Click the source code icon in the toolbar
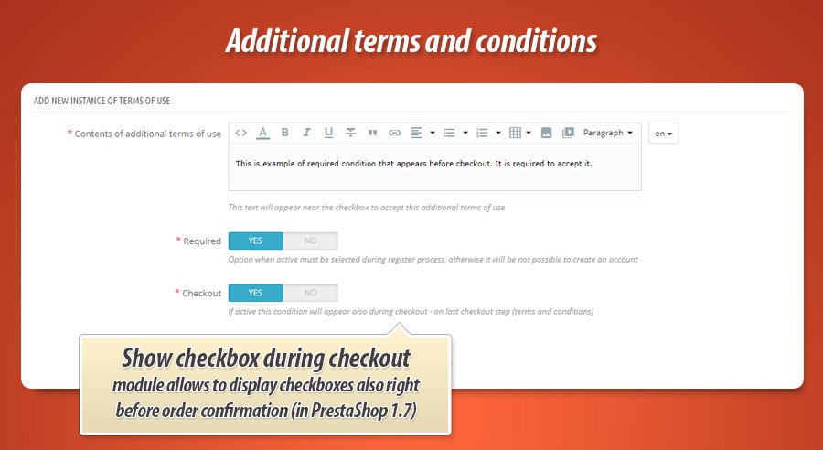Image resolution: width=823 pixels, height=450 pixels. pyautogui.click(x=241, y=133)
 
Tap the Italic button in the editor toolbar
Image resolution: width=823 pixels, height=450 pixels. pyautogui.click(x=306, y=133)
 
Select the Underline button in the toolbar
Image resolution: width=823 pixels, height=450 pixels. pyautogui.click(x=328, y=133)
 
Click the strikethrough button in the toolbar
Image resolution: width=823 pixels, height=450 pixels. pyautogui.click(x=350, y=133)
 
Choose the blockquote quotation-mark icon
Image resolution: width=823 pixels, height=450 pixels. pyautogui.click(x=372, y=133)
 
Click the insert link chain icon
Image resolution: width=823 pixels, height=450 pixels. pyautogui.click(x=394, y=133)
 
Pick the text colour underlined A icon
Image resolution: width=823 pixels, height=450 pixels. pyautogui.click(x=262, y=133)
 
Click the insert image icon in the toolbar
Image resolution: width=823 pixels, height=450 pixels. pyautogui.click(x=546, y=133)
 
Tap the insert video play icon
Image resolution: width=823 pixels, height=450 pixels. pyautogui.click(x=568, y=133)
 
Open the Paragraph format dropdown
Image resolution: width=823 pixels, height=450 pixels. pyautogui.click(x=608, y=133)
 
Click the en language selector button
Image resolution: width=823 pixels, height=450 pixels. pyautogui.click(x=663, y=134)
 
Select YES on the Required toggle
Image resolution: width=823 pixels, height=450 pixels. pyautogui.click(x=255, y=241)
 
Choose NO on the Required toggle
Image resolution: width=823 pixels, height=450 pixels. pyautogui.click(x=310, y=241)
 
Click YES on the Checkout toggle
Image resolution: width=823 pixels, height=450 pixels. pyautogui.click(x=255, y=293)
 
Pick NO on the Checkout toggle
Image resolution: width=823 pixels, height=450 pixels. pyautogui.click(x=310, y=293)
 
